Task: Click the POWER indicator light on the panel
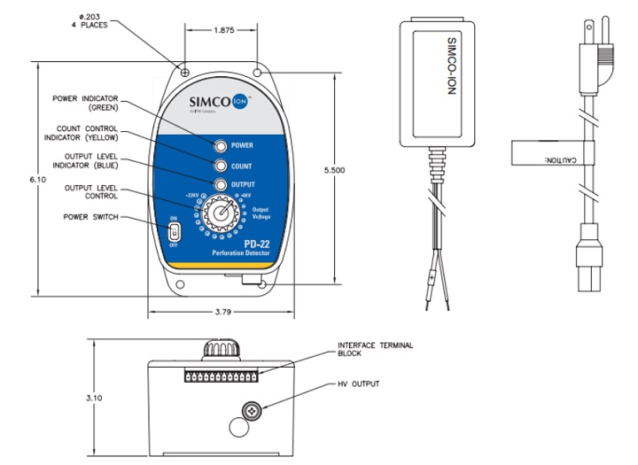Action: click(x=218, y=144)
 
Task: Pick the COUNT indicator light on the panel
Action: click(x=218, y=165)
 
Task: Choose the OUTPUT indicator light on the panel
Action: click(x=218, y=185)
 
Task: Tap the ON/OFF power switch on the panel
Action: click(x=175, y=231)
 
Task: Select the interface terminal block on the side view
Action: click(x=221, y=376)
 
